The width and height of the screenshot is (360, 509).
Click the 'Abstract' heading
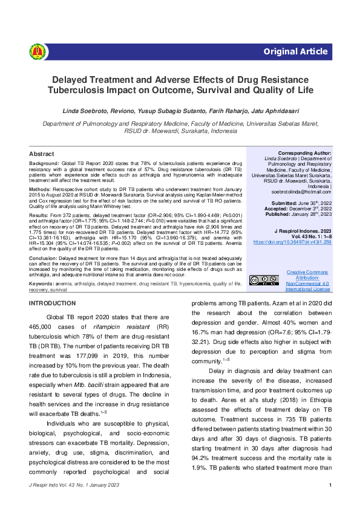tap(42, 154)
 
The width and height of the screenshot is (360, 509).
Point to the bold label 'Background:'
tap(44, 164)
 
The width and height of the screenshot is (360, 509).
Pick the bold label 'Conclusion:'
tap(44, 257)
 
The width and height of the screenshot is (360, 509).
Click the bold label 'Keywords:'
tap(42, 282)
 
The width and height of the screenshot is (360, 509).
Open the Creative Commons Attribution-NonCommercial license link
tap(308, 281)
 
